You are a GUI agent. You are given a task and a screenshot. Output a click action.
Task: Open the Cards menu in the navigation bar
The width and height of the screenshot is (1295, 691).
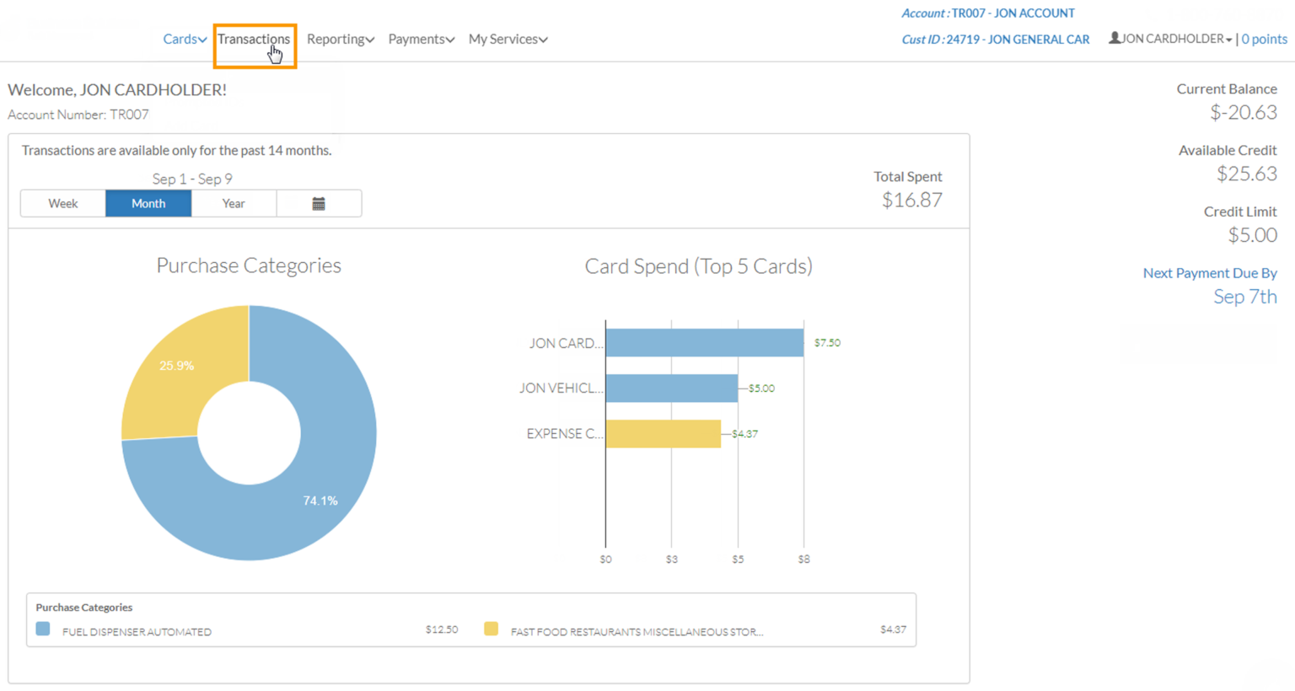point(185,40)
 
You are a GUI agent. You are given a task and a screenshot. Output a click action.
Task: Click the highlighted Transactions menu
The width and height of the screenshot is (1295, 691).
point(254,40)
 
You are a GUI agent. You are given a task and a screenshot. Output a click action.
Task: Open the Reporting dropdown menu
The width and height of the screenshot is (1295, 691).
point(340,40)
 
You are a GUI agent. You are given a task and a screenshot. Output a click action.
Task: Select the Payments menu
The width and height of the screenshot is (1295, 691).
point(421,40)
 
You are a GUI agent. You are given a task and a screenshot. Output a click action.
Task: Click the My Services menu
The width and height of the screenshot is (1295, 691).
point(508,40)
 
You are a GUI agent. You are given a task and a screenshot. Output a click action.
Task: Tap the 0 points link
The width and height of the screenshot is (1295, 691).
point(1264,40)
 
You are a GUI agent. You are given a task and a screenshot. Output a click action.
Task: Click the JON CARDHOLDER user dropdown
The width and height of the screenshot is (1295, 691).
point(1171,40)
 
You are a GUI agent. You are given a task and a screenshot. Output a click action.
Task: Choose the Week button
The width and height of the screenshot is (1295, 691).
point(63,204)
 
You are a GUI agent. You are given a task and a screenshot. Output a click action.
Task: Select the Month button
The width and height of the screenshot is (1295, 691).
point(148,204)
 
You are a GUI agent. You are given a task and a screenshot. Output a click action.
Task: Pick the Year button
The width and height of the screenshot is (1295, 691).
point(234,204)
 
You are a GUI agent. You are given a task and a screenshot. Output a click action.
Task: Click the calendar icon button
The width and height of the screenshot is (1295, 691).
point(319,204)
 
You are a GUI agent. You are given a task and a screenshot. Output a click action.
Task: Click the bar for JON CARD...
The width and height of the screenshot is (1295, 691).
point(704,343)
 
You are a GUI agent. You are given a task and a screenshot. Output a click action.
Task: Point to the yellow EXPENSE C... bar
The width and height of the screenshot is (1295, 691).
point(663,434)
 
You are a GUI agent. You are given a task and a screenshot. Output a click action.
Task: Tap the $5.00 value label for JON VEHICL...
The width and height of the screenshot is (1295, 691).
point(761,388)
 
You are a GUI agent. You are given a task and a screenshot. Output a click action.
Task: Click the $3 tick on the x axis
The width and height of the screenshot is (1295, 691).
point(671,560)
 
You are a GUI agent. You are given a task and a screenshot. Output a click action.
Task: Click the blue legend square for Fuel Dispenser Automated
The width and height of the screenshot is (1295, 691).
point(43,629)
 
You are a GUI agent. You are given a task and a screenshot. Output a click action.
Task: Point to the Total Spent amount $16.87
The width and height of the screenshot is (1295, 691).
point(911,201)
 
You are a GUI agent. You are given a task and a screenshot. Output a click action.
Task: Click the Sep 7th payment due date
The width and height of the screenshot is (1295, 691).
point(1244,297)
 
